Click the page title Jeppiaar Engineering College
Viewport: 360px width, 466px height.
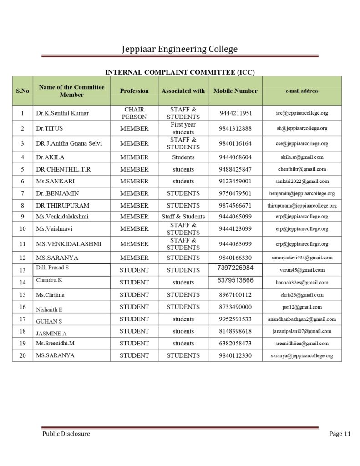(x=180, y=49)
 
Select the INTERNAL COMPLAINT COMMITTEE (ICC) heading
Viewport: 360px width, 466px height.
(x=180, y=72)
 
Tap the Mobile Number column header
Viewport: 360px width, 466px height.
(x=235, y=91)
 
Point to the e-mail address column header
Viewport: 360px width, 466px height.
(x=302, y=91)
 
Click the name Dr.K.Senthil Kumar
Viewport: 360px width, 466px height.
(x=62, y=113)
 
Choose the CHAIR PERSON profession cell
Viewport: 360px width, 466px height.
(x=134, y=113)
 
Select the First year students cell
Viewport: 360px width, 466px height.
(x=183, y=128)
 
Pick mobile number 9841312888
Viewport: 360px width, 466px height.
(x=235, y=128)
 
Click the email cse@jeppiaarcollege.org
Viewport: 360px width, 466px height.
(x=302, y=143)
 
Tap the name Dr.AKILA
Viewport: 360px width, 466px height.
(x=51, y=157)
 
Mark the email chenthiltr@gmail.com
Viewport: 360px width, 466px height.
(x=302, y=169)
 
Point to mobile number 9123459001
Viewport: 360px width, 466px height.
(x=235, y=181)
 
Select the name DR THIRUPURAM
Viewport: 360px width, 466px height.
(x=62, y=205)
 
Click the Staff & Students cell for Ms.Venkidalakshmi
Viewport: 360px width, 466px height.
(x=183, y=217)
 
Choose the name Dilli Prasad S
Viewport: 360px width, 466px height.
(x=52, y=268)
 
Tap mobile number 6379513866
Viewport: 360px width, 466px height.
(x=235, y=280)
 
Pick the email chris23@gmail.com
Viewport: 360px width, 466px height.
(x=302, y=295)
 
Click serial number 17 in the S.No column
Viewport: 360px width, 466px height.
(x=23, y=319)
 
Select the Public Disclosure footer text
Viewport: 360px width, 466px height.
(x=66, y=434)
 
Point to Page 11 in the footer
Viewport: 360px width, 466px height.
(x=340, y=434)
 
